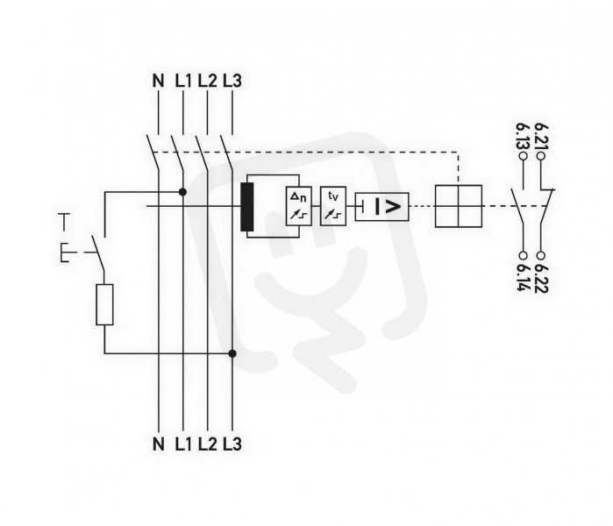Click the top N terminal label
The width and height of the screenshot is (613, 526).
pyautogui.click(x=158, y=81)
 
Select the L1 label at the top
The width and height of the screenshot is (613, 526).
pyautogui.click(x=183, y=81)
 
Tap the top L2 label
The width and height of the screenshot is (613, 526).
pyautogui.click(x=207, y=81)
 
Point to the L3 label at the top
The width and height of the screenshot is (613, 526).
pyautogui.click(x=232, y=81)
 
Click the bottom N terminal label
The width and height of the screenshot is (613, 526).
pyautogui.click(x=158, y=444)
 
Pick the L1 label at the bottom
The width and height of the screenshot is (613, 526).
pyautogui.click(x=183, y=444)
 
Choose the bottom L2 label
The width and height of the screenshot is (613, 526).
pyautogui.click(x=207, y=444)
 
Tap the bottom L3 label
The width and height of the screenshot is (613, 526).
pyautogui.click(x=232, y=444)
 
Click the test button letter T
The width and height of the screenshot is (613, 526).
pyautogui.click(x=64, y=222)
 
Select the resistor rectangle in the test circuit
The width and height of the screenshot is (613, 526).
pyautogui.click(x=104, y=305)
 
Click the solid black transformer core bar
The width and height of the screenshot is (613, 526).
pyautogui.click(x=247, y=207)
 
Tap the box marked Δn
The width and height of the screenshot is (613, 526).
pyautogui.click(x=299, y=206)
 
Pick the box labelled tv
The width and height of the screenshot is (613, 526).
pyautogui.click(x=333, y=206)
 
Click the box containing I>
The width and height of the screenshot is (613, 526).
pyautogui.click(x=382, y=207)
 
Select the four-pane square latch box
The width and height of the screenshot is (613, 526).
pyautogui.click(x=459, y=206)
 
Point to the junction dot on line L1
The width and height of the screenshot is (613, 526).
pyautogui.click(x=182, y=192)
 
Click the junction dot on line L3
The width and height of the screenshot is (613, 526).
pyautogui.click(x=232, y=353)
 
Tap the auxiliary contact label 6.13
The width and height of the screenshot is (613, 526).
pyautogui.click(x=522, y=137)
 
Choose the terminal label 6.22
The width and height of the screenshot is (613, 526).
pyautogui.click(x=541, y=279)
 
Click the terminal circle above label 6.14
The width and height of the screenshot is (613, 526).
pyautogui.click(x=523, y=256)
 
